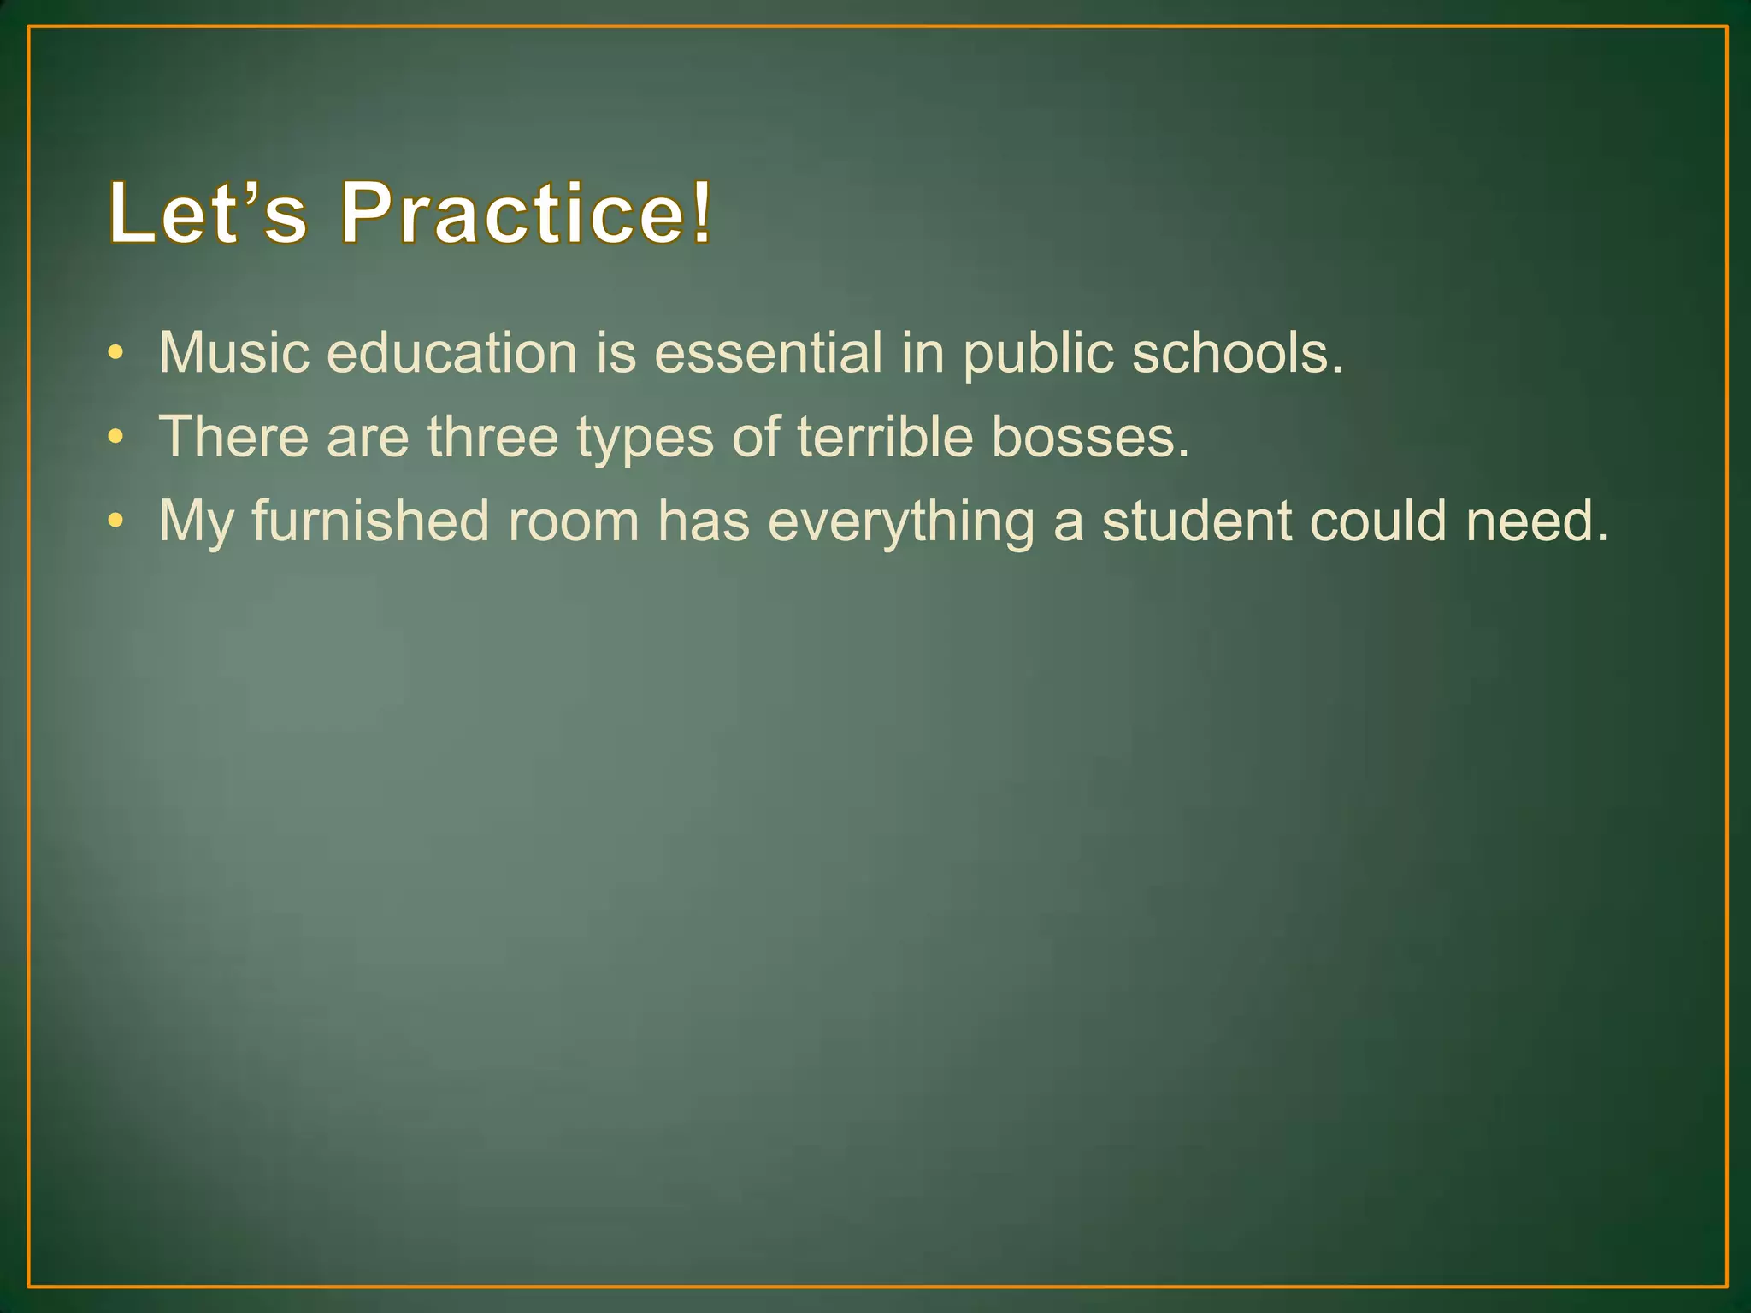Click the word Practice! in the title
pos(526,212)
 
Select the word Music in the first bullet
pos(233,352)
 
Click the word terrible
pos(885,436)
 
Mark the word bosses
pos(1090,436)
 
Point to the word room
pos(574,521)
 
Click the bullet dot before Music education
pos(116,353)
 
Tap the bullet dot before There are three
pos(116,437)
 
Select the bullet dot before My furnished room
pos(116,521)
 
